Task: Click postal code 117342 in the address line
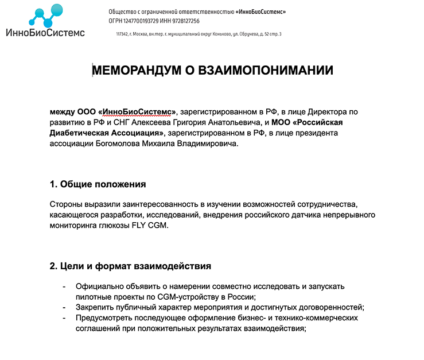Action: pos(122,34)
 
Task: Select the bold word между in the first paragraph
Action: pos(63,111)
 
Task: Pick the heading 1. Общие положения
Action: pos(98,184)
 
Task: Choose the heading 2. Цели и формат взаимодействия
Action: pos(130,266)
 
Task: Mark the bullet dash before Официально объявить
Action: pos(64,286)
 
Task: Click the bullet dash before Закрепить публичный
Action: pos(64,307)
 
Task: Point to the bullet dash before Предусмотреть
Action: pos(64,318)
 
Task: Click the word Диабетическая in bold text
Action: pos(79,133)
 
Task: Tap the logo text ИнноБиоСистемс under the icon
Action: pos(45,33)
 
